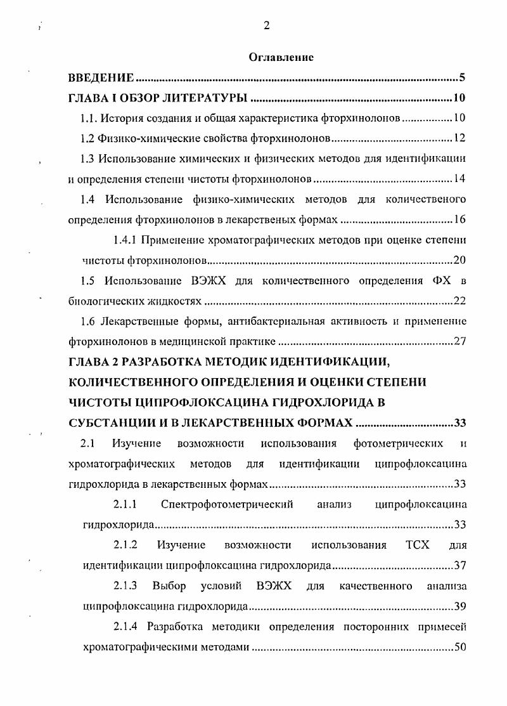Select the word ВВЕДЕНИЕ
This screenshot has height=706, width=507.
point(101,79)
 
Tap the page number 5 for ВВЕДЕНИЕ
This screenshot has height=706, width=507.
point(463,79)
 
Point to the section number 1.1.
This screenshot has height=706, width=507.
point(87,119)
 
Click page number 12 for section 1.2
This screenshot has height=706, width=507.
point(460,138)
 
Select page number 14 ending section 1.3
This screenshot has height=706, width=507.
point(460,178)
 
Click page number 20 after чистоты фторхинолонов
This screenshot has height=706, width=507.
point(460,260)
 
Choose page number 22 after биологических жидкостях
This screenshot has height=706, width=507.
point(460,301)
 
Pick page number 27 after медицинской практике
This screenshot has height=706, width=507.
point(460,341)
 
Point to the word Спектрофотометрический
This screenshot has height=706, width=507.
point(227,505)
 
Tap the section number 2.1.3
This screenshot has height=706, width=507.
point(125,585)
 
